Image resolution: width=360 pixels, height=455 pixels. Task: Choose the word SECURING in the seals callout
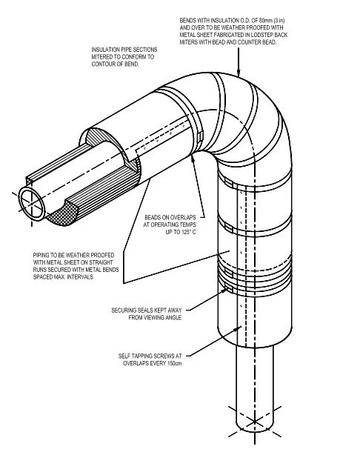click(126, 310)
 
